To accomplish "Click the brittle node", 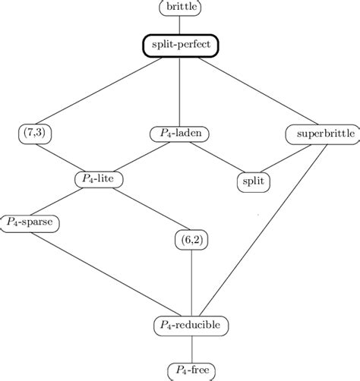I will tap(180, 8).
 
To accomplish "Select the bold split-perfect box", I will tap(180, 46).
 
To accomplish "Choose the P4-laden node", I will tap(180, 134).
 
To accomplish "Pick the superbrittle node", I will tap(314, 134).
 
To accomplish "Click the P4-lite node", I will tap(99, 178).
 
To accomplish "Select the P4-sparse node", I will tap(30, 222).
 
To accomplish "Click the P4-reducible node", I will tap(191, 325).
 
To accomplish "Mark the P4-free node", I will tap(191, 370).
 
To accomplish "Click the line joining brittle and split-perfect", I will tap(180, 24).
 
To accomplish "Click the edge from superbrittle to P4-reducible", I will tap(266, 228).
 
